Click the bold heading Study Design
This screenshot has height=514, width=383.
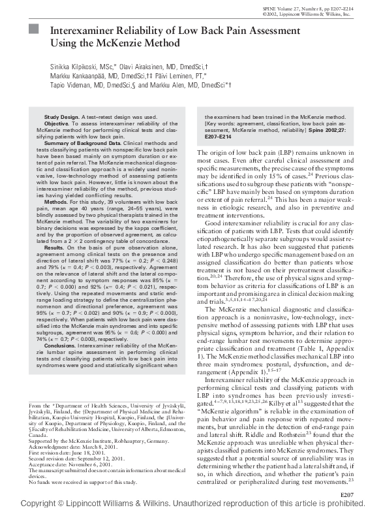[x=61, y=116]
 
